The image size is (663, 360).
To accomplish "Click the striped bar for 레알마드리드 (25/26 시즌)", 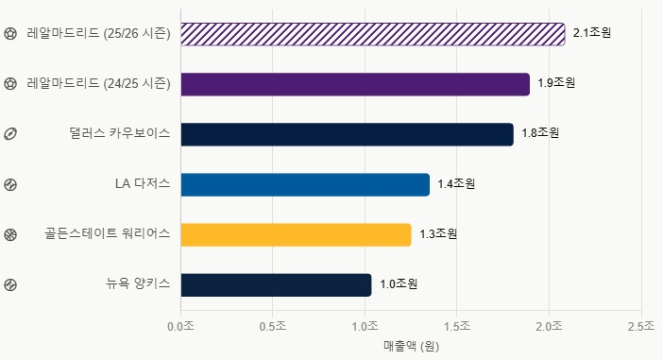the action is click(373, 34).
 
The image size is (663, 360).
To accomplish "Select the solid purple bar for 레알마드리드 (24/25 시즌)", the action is click(355, 84).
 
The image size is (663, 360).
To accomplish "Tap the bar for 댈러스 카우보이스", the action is click(348, 134).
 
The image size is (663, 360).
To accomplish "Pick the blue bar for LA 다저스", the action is click(305, 185).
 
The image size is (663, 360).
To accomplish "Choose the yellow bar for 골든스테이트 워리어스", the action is click(296, 234).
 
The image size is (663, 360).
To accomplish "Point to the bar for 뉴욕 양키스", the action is click(276, 285).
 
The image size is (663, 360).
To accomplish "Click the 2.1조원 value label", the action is click(592, 32).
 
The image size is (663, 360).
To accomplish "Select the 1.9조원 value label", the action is click(556, 82).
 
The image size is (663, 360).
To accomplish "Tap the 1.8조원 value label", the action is click(540, 133).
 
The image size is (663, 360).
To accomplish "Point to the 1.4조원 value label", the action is click(456, 183).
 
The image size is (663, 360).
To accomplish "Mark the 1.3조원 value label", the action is click(438, 233).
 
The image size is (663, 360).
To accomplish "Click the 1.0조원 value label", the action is click(399, 283).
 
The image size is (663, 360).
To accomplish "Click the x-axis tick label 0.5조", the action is click(273, 326).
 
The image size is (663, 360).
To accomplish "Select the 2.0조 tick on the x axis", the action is click(549, 326).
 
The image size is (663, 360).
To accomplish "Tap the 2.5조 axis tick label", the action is click(641, 326).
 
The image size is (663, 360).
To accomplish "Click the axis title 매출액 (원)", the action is click(412, 346).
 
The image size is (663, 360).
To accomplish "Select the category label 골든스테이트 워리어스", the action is click(108, 233).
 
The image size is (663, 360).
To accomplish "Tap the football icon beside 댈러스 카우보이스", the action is click(10, 134).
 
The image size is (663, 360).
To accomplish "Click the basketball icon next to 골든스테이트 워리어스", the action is click(10, 234).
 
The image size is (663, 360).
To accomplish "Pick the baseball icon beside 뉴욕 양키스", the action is click(10, 284).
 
